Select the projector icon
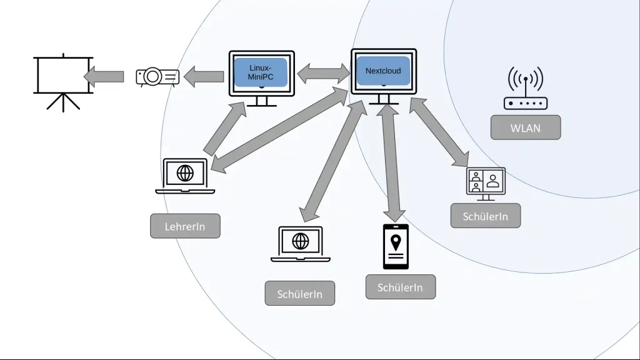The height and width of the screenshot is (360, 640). [x=157, y=76]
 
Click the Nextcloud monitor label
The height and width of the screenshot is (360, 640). [x=383, y=71]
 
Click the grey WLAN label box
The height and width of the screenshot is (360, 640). [x=526, y=128]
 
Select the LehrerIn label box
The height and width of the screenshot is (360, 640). [x=185, y=226]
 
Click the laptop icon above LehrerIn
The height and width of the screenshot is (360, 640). [x=185, y=176]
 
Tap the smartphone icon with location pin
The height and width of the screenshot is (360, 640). [x=396, y=246]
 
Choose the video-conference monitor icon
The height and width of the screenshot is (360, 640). [x=486, y=183]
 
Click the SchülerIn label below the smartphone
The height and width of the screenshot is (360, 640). [x=400, y=287]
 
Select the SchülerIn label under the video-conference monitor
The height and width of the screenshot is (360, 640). [x=485, y=216]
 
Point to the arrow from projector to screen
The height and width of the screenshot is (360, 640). [x=104, y=76]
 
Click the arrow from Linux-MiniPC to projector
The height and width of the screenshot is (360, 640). [x=204, y=76]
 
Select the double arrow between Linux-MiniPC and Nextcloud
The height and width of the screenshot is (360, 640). [x=323, y=73]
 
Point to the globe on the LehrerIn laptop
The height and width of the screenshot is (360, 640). [x=185, y=172]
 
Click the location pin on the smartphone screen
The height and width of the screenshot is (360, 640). [x=396, y=241]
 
